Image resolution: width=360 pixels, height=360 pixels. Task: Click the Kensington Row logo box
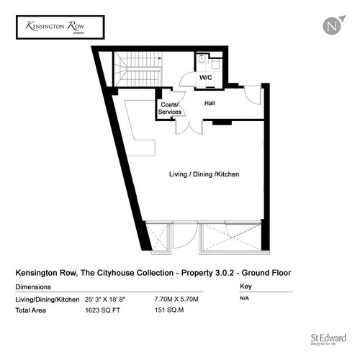pos(60,27)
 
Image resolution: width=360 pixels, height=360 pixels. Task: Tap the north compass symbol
pos(333,25)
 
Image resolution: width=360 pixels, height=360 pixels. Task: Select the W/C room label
pos(206,78)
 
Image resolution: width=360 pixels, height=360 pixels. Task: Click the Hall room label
pos(210,103)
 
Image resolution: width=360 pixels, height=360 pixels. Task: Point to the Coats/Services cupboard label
pos(170,108)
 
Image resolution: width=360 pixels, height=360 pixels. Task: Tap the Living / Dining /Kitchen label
pos(204,174)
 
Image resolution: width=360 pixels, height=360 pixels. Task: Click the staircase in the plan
pos(138,69)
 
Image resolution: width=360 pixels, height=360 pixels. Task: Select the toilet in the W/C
pos(216,63)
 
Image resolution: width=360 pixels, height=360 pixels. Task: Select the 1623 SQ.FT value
pos(102,310)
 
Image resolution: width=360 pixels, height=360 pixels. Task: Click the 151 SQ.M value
pos(169,310)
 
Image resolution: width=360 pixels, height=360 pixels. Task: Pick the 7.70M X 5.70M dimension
pos(176,300)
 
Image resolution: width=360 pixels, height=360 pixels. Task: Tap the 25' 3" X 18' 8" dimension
pos(105,300)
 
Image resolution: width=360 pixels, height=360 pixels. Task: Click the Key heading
pos(246,287)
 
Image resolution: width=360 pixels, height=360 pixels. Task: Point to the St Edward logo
pos(328,339)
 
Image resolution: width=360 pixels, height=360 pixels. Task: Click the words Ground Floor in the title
pos(266,273)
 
